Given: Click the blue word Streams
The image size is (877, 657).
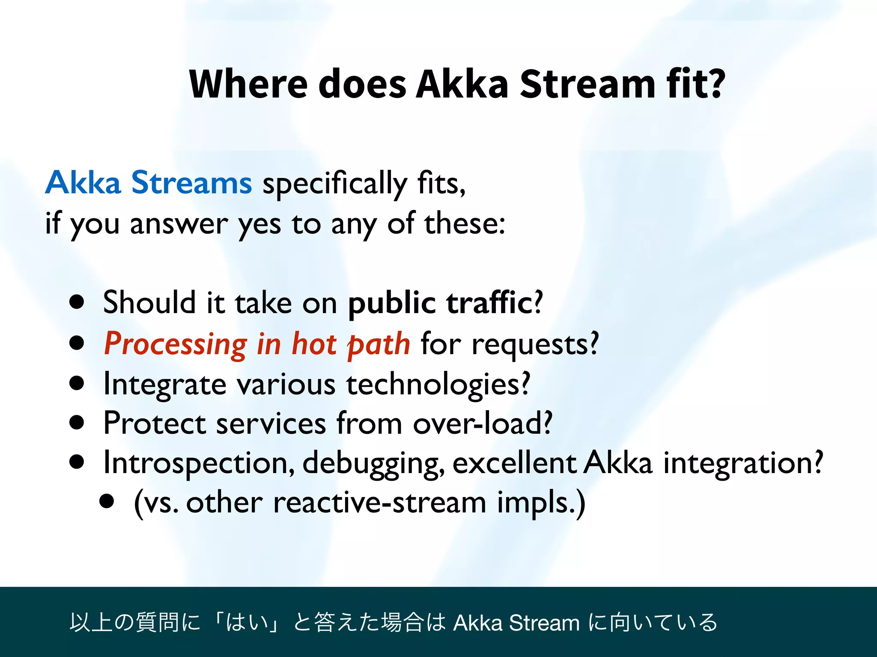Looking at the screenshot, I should (191, 183).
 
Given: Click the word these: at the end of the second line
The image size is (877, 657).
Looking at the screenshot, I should (465, 223).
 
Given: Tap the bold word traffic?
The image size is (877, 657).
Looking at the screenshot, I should (495, 302).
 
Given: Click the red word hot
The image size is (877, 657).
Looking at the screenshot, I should (314, 343).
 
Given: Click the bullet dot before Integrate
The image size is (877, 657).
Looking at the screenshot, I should (77, 383).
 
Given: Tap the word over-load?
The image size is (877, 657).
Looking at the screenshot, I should (483, 423).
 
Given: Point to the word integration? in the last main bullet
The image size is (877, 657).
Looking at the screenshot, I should (743, 462).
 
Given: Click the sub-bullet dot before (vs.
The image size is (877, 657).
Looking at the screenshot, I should (107, 501).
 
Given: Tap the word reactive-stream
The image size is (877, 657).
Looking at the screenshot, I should (379, 502).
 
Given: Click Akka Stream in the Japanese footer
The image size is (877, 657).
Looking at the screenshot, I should (516, 623).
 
